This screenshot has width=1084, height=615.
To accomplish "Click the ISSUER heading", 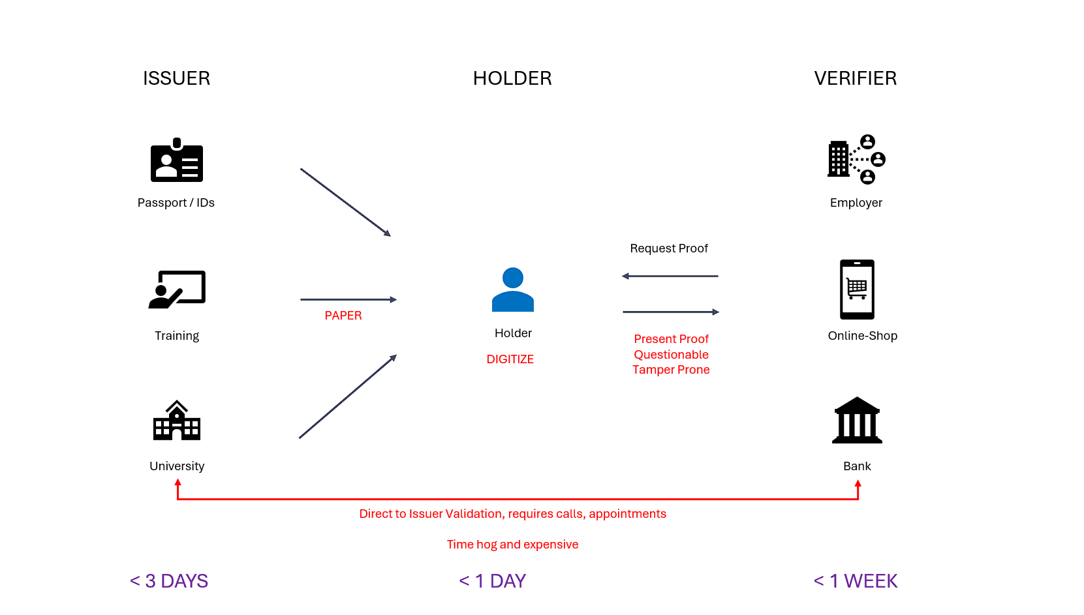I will point(176,78).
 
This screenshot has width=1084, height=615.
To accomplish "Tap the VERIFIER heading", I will point(855,78).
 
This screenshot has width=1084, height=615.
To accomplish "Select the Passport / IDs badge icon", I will point(177,160).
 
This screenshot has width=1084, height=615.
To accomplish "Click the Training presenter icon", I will point(177,289).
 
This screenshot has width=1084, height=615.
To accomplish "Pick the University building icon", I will point(177,421).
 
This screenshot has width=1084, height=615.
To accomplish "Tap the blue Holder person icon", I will point(513,290).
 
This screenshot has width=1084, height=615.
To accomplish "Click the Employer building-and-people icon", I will point(856,159).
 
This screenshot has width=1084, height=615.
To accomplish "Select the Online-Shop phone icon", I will point(857,290).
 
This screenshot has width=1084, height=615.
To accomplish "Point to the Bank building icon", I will point(857,421).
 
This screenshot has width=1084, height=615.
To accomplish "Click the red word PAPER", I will point(343,316).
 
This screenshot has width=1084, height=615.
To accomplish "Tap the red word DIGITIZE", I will point(510,359).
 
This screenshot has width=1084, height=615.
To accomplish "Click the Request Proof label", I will point(669,248).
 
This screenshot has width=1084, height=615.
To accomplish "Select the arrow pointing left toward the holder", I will point(670,277).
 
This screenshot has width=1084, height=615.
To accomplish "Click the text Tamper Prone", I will point(671,370).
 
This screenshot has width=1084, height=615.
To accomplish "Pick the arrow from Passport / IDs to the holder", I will point(345,202).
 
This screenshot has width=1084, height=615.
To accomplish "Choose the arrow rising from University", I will point(348,397).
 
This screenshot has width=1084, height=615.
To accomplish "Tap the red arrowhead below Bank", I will point(858,484).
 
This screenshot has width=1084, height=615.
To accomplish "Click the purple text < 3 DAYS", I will point(169,581).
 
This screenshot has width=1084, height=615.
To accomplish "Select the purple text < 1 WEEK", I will point(856,581).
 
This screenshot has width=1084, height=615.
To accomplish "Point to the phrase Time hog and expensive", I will point(512,545).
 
